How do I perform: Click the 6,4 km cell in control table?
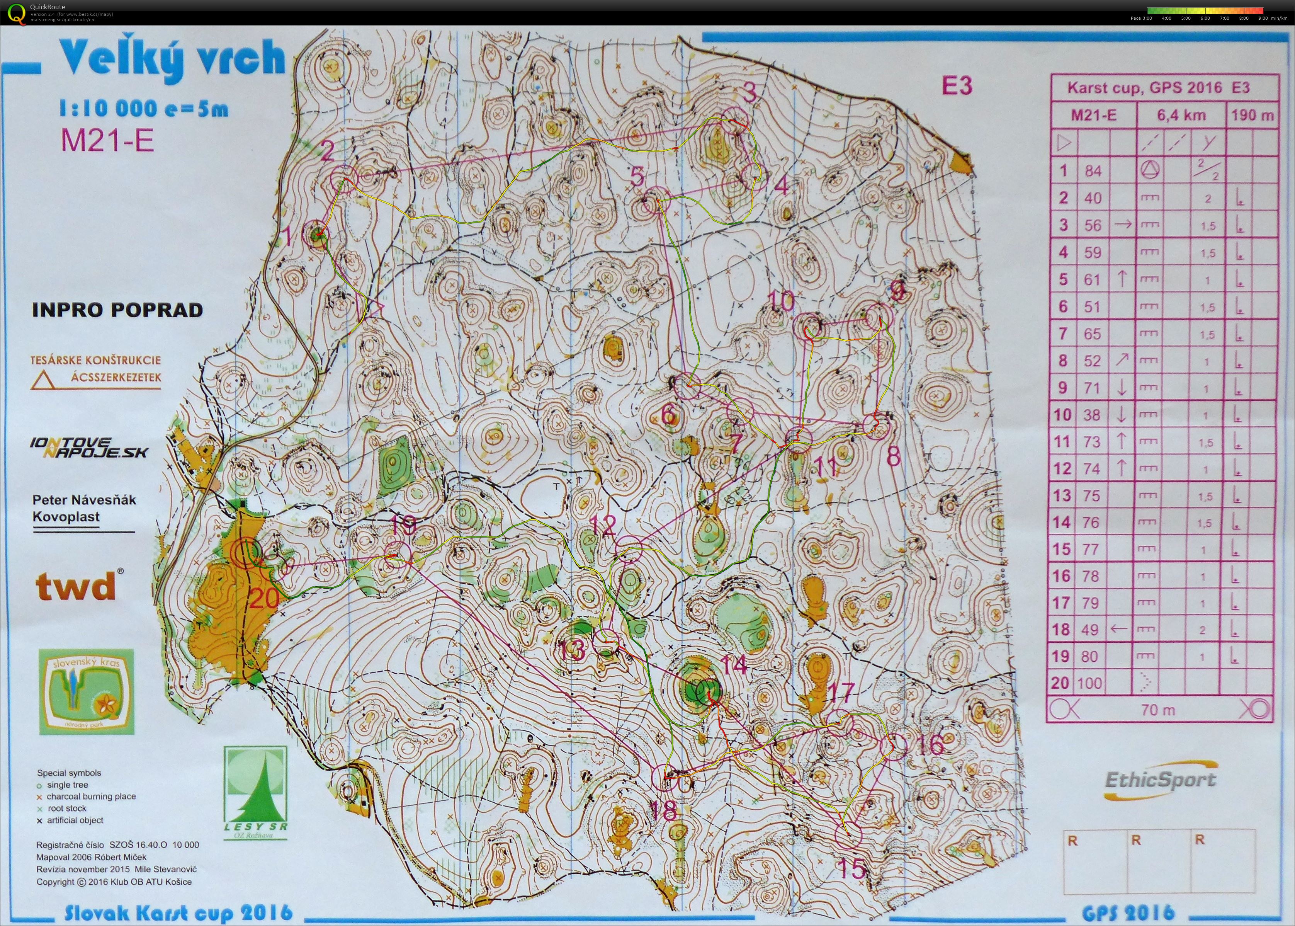[1181, 115]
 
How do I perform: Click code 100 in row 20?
[1089, 683]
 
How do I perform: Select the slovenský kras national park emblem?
[86, 692]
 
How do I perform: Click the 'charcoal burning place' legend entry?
[91, 797]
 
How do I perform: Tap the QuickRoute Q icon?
[16, 12]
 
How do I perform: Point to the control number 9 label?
[897, 293]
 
